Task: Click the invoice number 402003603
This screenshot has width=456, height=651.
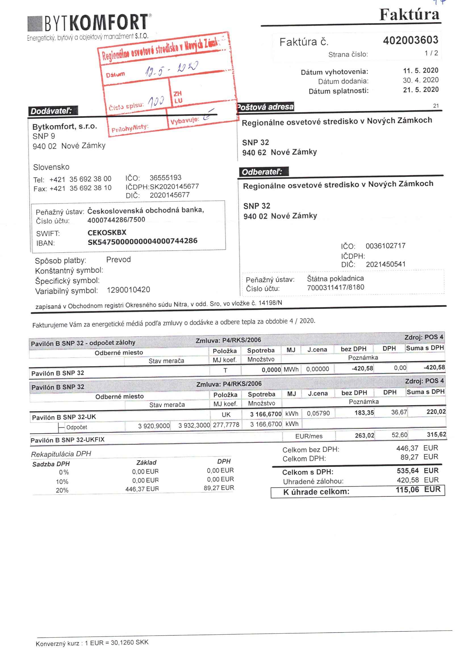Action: (410, 40)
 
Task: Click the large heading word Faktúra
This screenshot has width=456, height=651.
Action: (409, 15)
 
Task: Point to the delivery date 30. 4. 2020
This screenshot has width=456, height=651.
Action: (421, 80)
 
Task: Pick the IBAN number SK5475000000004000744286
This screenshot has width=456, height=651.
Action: (142, 241)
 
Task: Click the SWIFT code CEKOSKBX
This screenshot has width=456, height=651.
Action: (107, 232)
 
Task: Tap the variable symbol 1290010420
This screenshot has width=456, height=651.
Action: (128, 290)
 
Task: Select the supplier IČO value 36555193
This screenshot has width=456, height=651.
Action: (165, 178)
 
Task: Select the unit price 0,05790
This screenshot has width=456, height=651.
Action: (318, 413)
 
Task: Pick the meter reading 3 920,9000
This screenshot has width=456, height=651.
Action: (154, 426)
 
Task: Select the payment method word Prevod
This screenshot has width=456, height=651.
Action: (118, 260)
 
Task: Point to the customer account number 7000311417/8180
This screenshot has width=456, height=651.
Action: (335, 287)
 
